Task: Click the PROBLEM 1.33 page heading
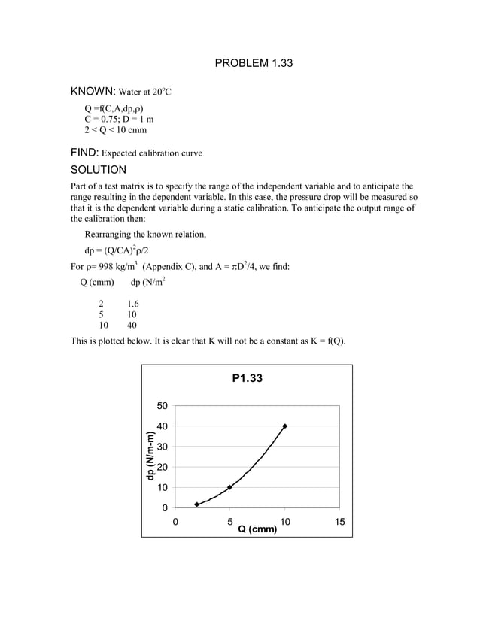click(x=254, y=63)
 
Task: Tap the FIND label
click(x=84, y=153)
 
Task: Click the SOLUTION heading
click(x=98, y=170)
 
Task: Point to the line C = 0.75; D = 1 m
click(x=119, y=119)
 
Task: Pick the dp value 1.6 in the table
click(x=133, y=304)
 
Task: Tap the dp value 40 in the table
click(x=132, y=326)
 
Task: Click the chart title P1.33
click(x=247, y=379)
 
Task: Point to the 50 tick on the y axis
click(x=162, y=407)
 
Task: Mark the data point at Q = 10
click(x=284, y=426)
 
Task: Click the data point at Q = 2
click(x=197, y=504)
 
